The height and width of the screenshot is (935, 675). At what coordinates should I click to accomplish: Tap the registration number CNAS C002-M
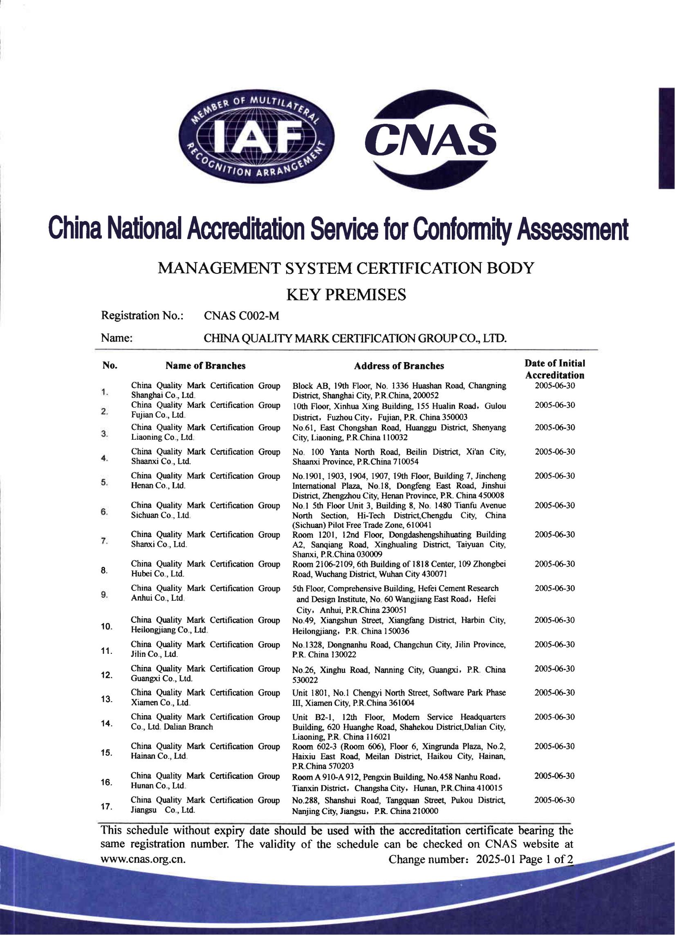(241, 316)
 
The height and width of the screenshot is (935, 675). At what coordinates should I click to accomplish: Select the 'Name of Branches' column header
(205, 366)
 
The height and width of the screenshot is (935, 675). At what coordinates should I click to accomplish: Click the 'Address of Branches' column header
(399, 366)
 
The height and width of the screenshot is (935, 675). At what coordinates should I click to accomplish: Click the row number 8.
(104, 570)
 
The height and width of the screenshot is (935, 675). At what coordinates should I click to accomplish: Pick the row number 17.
(106, 807)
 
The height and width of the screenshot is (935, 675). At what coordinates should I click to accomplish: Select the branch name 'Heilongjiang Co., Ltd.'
(169, 630)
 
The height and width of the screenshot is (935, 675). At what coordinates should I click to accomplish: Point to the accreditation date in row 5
(555, 476)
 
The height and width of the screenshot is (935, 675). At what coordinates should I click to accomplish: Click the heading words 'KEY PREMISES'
(346, 295)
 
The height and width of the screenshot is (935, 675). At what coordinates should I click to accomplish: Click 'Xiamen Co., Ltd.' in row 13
(160, 702)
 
